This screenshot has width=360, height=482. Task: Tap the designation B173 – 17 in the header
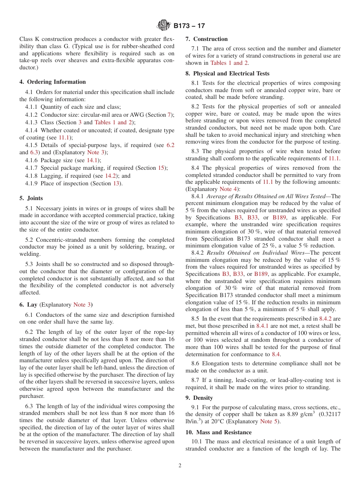click(x=189, y=26)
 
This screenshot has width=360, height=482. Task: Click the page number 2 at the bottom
click(x=180, y=466)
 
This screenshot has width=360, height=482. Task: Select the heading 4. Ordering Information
click(x=53, y=82)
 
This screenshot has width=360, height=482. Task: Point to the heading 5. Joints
click(x=31, y=198)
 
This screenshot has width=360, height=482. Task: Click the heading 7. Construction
click(x=207, y=39)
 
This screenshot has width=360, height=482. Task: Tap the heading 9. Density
click(x=199, y=398)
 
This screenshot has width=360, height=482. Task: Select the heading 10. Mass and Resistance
click(x=218, y=432)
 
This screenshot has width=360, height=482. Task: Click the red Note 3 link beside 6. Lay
click(x=82, y=305)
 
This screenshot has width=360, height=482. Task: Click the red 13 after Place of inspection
click(x=117, y=183)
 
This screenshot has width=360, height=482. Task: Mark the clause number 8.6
click(x=195, y=363)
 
